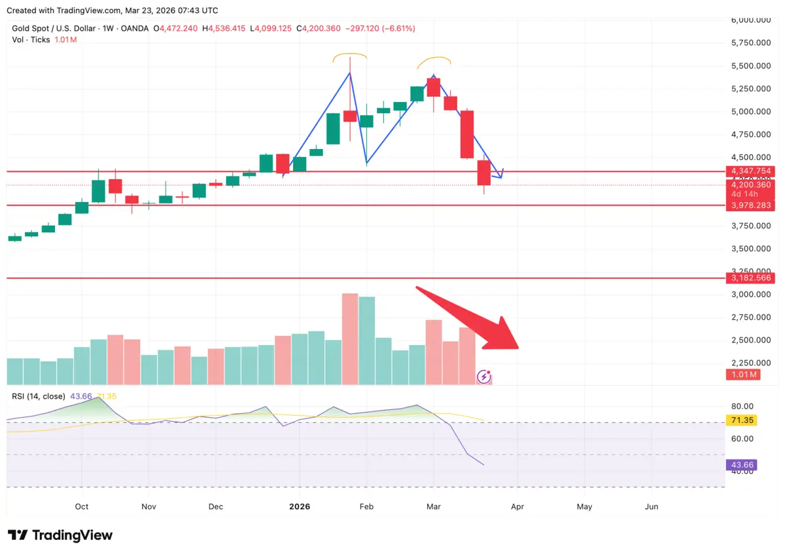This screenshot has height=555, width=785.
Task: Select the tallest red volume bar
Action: click(x=350, y=339)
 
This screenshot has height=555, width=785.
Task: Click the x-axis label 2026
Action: click(x=300, y=507)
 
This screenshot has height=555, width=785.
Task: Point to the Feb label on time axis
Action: click(x=366, y=507)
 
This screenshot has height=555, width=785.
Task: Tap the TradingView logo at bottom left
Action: click(x=60, y=535)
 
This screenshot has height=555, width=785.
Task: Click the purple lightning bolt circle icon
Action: click(x=483, y=376)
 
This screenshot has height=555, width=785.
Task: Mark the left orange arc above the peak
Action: click(x=349, y=56)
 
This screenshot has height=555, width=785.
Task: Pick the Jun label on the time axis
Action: click(x=652, y=507)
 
